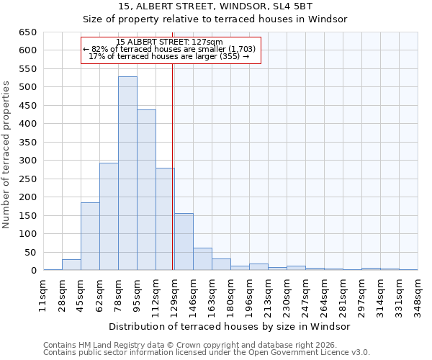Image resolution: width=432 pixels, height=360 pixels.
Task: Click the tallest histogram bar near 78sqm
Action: pos(127,174)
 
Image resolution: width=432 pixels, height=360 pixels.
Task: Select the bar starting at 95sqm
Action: pos(146,190)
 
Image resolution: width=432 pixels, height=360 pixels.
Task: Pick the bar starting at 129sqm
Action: pos(184,242)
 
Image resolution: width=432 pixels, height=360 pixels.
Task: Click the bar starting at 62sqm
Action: pos(109,216)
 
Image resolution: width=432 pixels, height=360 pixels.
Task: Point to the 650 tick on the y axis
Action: pos(27,32)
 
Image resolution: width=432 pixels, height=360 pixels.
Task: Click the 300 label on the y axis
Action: pos(27,161)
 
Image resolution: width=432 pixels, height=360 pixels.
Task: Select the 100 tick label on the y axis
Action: pos(27,234)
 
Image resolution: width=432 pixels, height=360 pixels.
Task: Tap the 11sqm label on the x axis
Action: pos(43,294)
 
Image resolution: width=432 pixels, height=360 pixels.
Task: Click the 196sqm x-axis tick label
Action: pos(249,294)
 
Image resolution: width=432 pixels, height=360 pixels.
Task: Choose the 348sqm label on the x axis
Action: pos(418,294)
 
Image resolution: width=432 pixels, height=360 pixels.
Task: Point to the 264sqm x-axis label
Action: pos(324,294)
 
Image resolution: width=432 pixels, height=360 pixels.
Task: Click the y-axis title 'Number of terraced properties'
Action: pos(7,154)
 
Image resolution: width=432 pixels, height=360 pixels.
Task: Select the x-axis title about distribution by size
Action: pos(230,326)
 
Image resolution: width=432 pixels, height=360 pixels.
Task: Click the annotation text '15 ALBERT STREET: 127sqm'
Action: pos(170,42)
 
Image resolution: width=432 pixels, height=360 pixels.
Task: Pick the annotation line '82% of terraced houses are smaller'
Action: pos(170,49)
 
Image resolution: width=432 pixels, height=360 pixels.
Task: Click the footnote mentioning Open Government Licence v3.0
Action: pos(207,352)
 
